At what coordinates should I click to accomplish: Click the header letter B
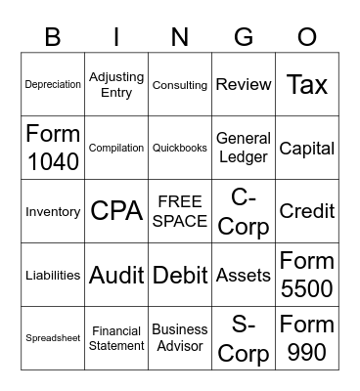point(53,37)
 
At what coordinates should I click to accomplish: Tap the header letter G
point(244,37)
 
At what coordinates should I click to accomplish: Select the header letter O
point(307,37)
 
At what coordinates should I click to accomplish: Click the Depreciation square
point(53,85)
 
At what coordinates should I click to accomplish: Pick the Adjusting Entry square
point(116,85)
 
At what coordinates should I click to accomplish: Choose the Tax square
point(307,85)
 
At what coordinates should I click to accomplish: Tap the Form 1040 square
point(53,149)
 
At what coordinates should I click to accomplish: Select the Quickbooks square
point(180,149)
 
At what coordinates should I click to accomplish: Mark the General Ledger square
point(244,149)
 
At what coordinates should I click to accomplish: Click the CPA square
point(116,211)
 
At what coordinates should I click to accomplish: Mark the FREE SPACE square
point(180,211)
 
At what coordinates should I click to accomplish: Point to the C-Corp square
point(244,211)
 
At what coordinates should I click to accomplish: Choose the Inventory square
point(53,211)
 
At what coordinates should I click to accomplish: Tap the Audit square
point(116,275)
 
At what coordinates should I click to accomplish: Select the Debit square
point(180,275)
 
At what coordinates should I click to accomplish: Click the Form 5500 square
point(307,275)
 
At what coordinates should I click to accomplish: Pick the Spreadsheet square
point(53,338)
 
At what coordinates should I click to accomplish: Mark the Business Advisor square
point(180,338)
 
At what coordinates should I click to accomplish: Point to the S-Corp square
point(244,338)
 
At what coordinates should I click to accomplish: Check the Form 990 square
point(307,338)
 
